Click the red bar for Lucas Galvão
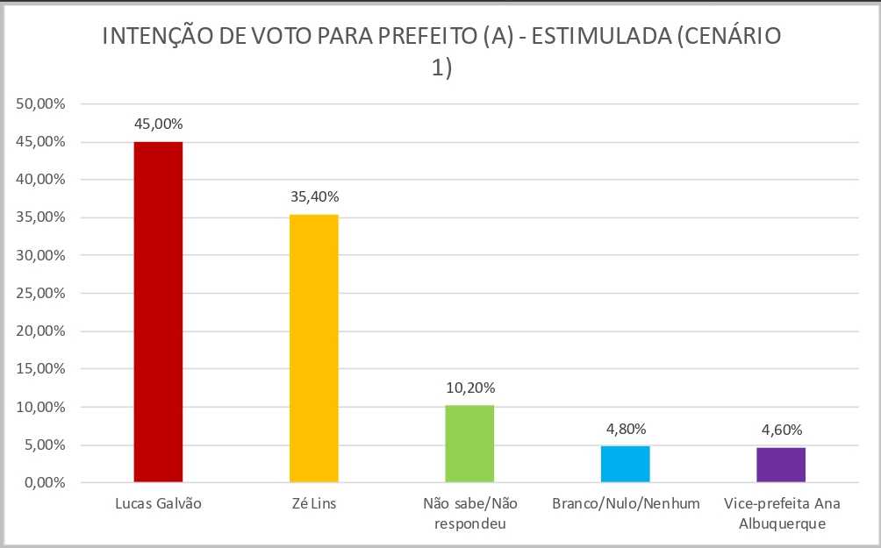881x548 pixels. pos(158,311)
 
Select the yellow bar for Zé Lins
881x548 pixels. pos(313,348)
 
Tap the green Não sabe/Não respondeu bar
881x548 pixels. pos(469,444)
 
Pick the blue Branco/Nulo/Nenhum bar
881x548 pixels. pos(625,464)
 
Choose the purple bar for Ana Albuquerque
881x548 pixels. pos(781,465)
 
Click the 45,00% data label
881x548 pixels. pos(158,125)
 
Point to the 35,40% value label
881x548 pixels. pos(314,197)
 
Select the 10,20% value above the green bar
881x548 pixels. pos(469,388)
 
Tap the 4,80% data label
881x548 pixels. pos(626,429)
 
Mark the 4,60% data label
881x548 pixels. pos(781,430)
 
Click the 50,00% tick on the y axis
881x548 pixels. pos(41,104)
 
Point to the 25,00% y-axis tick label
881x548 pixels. pos(41,294)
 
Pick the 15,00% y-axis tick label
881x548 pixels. pos(41,369)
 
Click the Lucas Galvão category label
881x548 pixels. pos(158,505)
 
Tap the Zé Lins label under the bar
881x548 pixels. pos(313,505)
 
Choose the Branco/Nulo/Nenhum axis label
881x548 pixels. pos(626,505)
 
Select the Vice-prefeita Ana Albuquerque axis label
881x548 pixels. pos(781,514)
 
